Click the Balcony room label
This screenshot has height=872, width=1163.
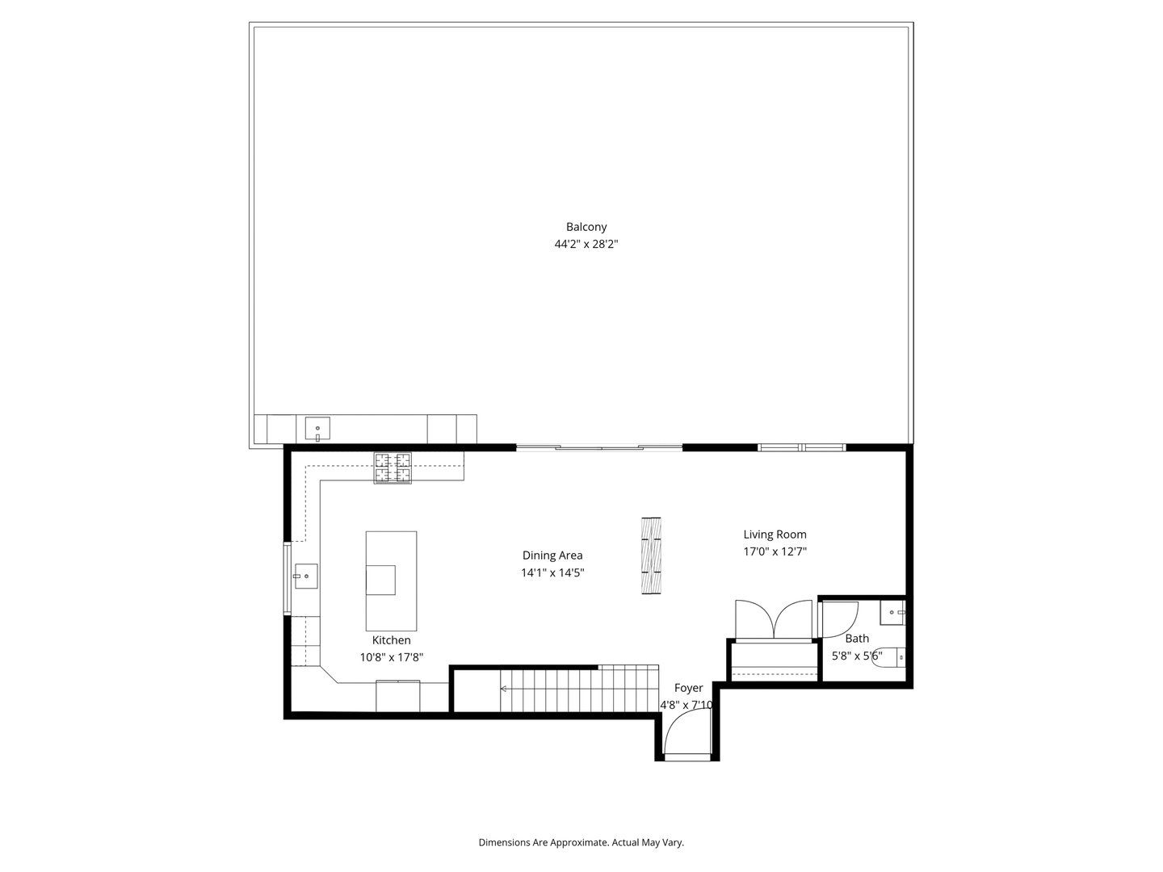(x=586, y=227)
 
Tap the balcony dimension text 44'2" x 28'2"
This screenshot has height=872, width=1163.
(x=586, y=244)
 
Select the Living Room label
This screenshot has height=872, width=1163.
(x=775, y=534)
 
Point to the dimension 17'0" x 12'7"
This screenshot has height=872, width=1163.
(x=775, y=551)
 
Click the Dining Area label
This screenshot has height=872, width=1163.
(x=552, y=555)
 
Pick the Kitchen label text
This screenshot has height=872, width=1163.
(x=391, y=639)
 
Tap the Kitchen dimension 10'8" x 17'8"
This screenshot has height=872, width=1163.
(x=391, y=657)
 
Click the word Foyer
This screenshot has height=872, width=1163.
(x=688, y=688)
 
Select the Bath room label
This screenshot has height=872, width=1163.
(x=857, y=638)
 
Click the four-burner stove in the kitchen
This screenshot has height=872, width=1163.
(x=392, y=468)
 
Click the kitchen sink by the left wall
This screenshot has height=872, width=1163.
(x=305, y=576)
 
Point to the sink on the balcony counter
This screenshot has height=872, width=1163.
(x=317, y=428)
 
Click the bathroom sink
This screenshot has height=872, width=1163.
(x=892, y=613)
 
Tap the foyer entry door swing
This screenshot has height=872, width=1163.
(x=686, y=735)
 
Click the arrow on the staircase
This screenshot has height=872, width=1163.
(x=504, y=689)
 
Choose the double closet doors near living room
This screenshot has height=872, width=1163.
(x=773, y=619)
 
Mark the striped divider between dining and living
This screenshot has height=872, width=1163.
(x=651, y=555)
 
